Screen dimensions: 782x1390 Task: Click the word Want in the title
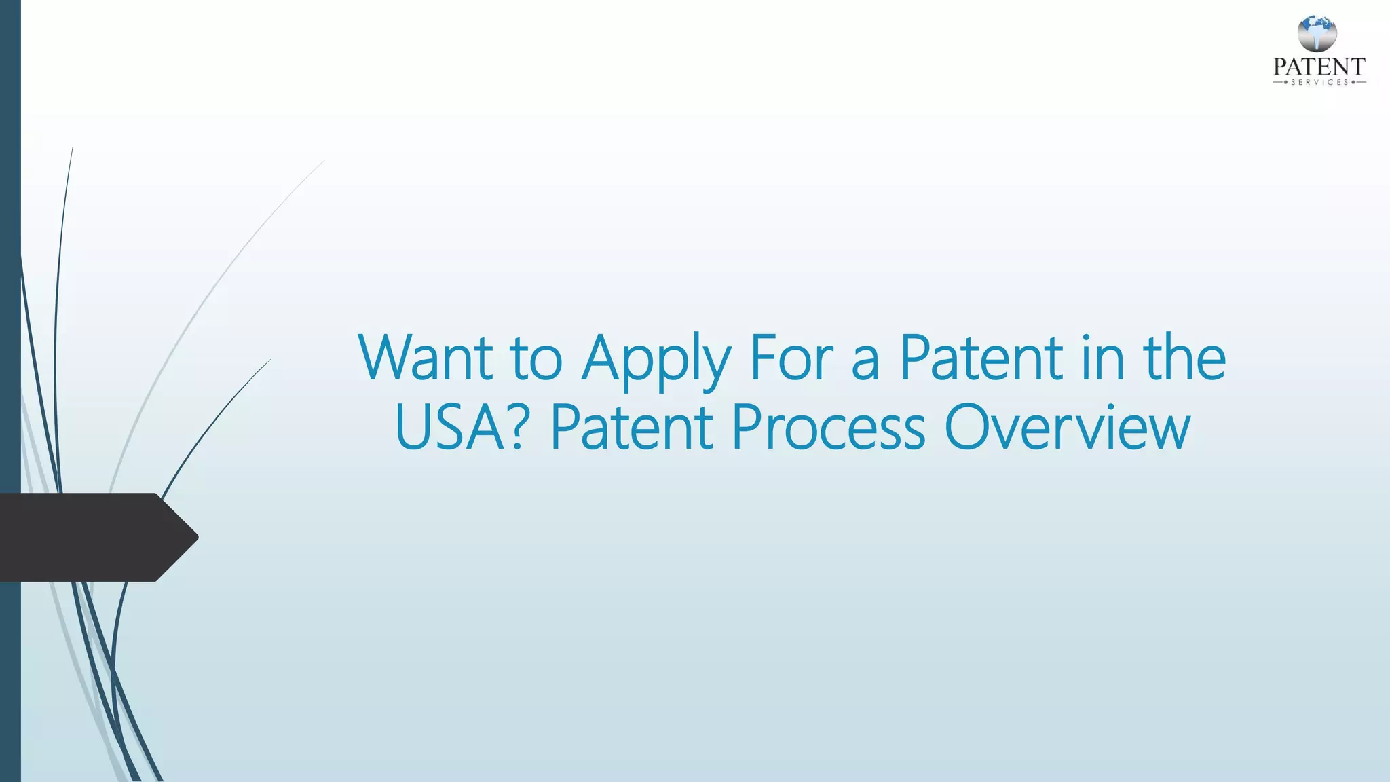click(x=426, y=358)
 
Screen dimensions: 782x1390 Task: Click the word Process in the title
click(x=828, y=428)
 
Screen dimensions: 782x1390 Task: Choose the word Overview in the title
click(x=1067, y=428)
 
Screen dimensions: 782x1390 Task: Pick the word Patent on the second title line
click(x=631, y=428)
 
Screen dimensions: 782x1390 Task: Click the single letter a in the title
click(x=865, y=363)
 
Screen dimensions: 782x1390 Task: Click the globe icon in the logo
click(x=1317, y=34)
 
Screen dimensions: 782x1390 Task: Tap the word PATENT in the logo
click(x=1319, y=67)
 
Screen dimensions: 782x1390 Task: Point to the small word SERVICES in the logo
click(x=1319, y=82)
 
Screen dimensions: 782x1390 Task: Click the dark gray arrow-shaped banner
click(x=88, y=537)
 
